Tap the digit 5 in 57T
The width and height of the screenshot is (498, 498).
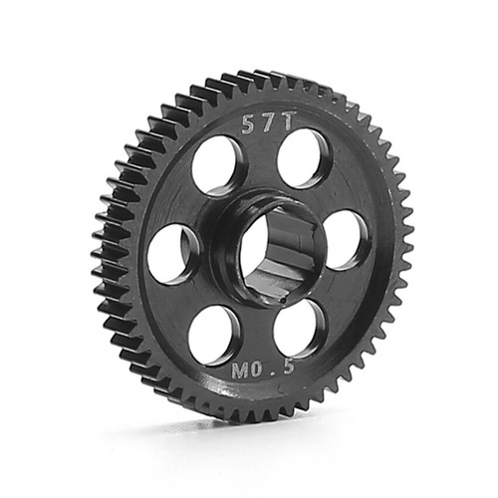click(x=246, y=124)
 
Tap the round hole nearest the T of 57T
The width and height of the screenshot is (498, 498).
click(x=304, y=155)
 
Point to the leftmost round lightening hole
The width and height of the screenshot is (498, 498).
click(x=173, y=251)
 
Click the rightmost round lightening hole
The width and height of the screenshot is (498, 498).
click(x=345, y=239)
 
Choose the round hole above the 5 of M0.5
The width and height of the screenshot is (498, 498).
click(x=297, y=327)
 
